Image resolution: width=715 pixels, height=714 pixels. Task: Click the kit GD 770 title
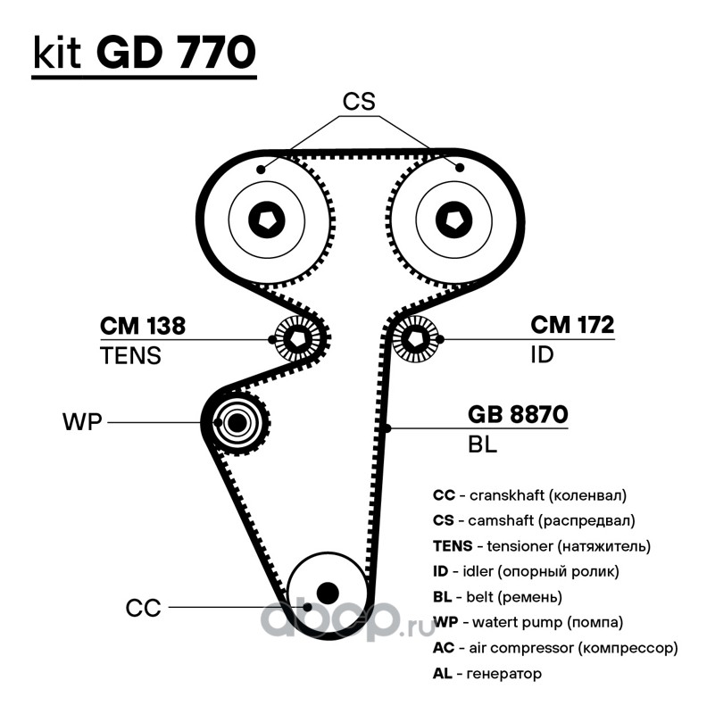pyautogui.click(x=144, y=54)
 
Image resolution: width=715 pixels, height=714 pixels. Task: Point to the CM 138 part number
pyautogui.click(x=142, y=327)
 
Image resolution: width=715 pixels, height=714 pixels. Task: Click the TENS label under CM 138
pyautogui.click(x=130, y=355)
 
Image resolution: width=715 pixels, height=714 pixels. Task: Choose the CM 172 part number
pyautogui.click(x=572, y=327)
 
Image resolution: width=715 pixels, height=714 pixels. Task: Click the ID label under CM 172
pyautogui.click(x=542, y=355)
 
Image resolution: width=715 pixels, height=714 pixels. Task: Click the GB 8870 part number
pyautogui.click(x=518, y=415)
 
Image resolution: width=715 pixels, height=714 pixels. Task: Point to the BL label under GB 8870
pyautogui.click(x=482, y=444)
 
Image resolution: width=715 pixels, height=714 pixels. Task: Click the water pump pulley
pyautogui.click(x=237, y=422)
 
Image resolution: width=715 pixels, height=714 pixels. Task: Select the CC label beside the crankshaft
pyautogui.click(x=143, y=609)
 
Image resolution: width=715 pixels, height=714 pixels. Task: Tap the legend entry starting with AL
pyautogui.click(x=486, y=674)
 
